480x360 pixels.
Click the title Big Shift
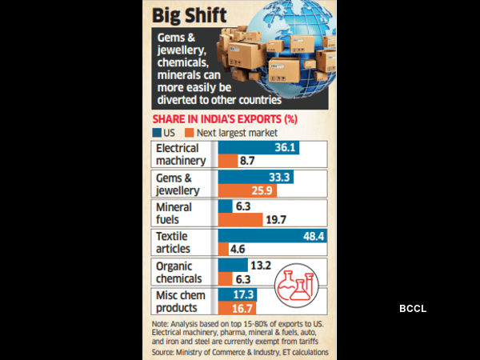pos(189,15)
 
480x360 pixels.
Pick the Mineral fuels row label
pos(174,212)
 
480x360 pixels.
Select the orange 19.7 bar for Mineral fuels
pos(240,219)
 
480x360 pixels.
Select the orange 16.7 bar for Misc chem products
pos(236,308)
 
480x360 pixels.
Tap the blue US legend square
pos(155,133)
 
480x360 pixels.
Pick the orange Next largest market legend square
pos(190,133)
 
